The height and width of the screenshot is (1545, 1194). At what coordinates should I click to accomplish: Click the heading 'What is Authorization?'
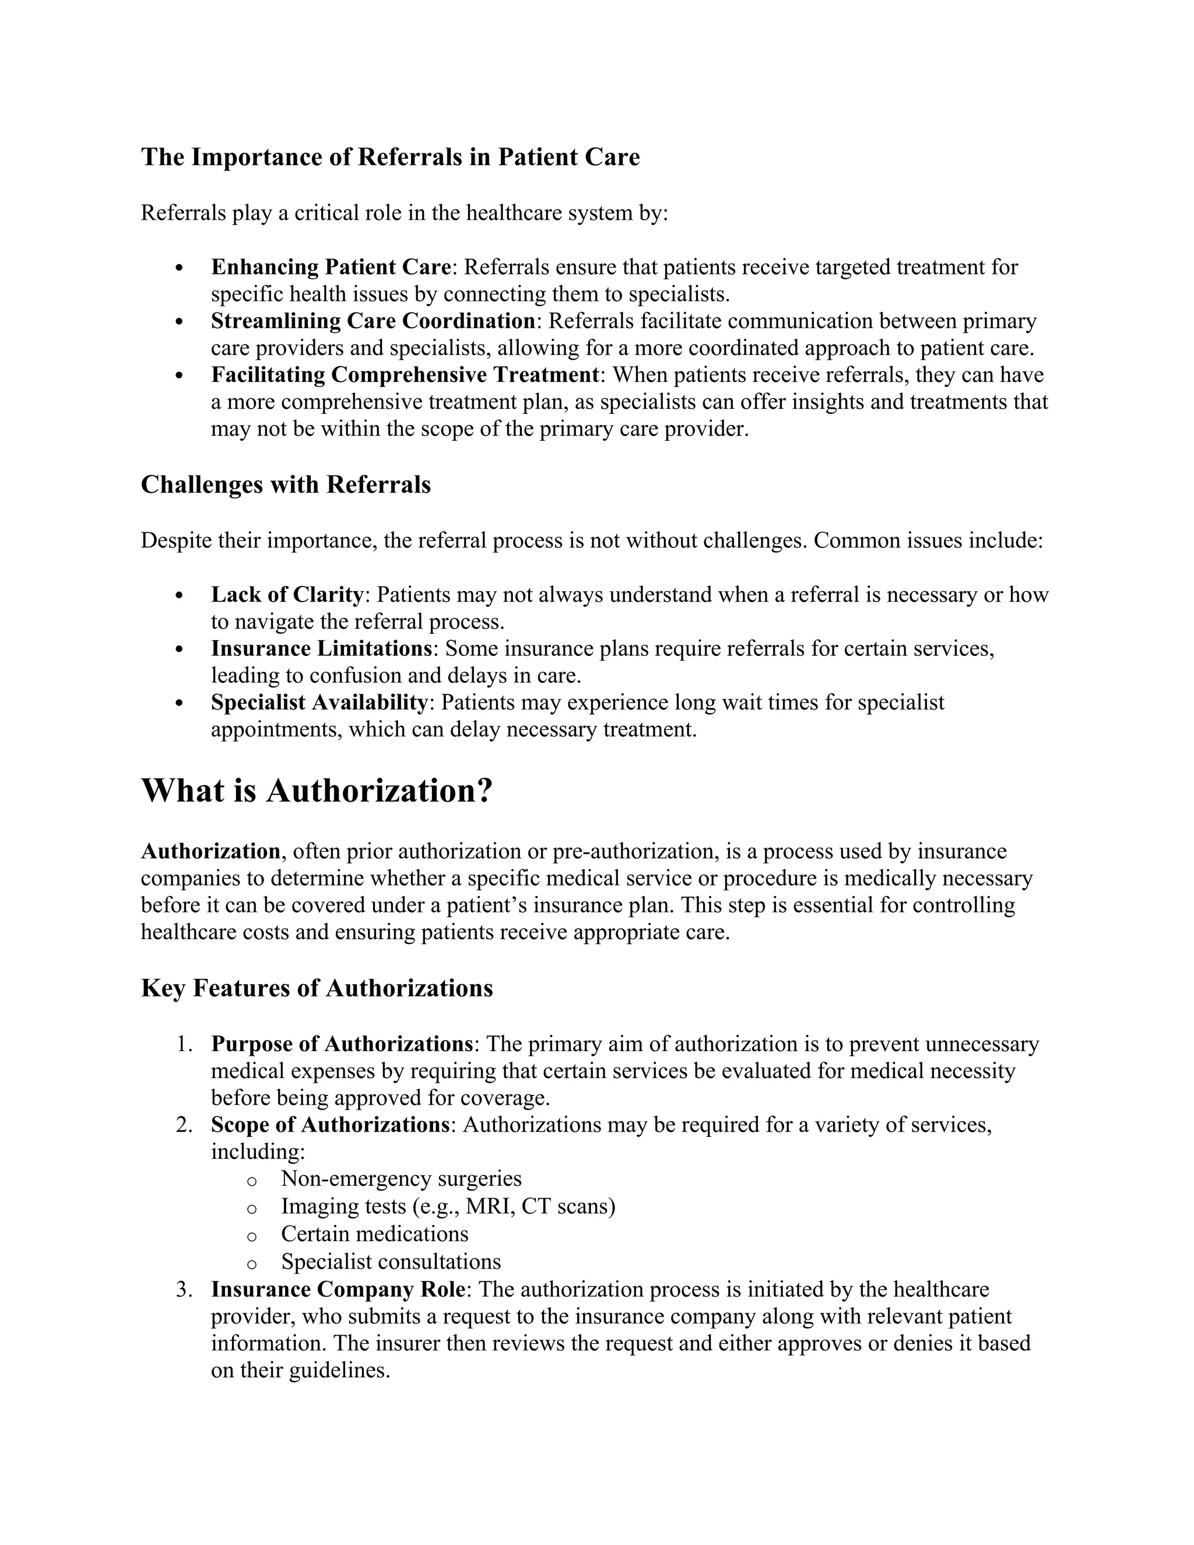(x=316, y=790)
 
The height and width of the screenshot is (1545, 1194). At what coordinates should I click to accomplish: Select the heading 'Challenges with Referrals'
(x=285, y=484)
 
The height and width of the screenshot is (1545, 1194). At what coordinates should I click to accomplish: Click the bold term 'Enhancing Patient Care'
(x=331, y=268)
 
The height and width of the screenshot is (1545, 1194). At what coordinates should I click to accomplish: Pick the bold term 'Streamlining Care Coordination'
(x=373, y=321)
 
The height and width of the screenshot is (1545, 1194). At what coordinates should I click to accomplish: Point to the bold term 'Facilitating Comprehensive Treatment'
(x=405, y=375)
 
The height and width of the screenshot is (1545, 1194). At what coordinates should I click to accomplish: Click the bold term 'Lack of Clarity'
(x=286, y=595)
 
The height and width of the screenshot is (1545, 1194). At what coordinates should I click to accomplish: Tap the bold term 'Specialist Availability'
(x=319, y=703)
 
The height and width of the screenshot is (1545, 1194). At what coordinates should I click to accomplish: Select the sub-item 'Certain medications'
(x=374, y=1234)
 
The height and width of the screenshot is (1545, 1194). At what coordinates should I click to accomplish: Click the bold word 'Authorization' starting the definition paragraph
(x=210, y=851)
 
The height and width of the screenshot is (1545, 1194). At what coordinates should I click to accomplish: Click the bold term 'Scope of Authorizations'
(x=329, y=1125)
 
